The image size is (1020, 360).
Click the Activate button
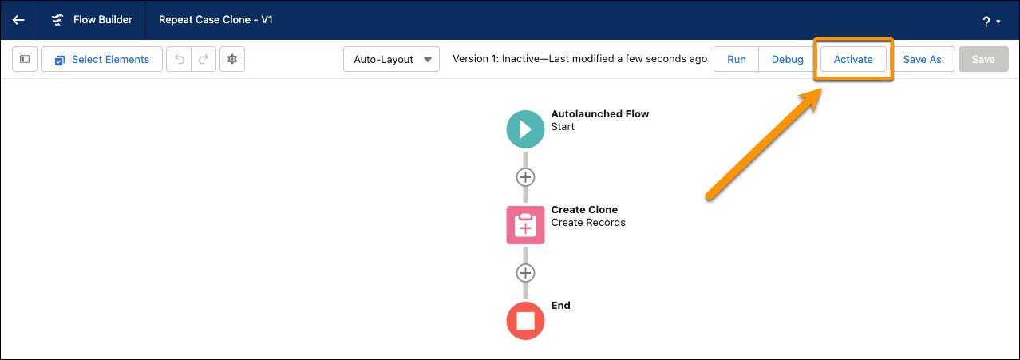point(853,59)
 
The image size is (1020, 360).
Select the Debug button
point(787,59)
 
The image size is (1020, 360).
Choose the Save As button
point(922,59)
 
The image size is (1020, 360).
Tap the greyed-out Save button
point(983,59)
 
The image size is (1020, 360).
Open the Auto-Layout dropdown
point(391,59)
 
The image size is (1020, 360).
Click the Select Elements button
point(101,59)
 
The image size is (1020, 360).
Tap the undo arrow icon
point(179,59)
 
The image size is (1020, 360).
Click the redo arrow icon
point(204,59)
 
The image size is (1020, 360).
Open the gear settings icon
point(232,59)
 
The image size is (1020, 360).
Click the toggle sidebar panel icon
point(25,59)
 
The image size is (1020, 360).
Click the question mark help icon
point(986,22)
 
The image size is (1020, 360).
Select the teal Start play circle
point(525,129)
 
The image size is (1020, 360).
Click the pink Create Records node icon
point(525,225)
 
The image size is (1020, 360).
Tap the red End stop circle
point(525,321)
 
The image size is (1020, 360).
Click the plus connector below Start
point(525,177)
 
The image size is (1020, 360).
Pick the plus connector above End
point(525,273)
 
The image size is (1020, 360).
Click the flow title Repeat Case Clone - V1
point(215,20)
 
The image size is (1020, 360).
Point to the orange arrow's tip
point(821,89)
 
